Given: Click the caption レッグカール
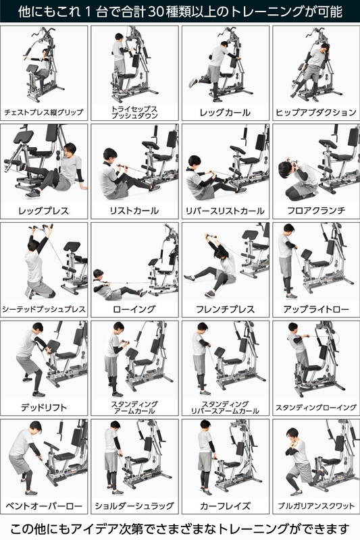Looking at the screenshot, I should click(225, 112).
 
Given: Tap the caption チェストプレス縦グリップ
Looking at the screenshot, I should click(44, 112).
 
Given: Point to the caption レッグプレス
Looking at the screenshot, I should click(44, 211).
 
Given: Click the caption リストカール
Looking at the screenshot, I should click(134, 211).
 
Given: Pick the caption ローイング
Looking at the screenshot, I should click(134, 309).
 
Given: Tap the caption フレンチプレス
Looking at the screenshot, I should click(225, 309).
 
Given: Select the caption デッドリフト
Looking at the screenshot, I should click(44, 407).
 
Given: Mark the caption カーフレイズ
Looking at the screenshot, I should click(225, 505).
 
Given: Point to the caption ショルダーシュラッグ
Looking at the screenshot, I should click(134, 505).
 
